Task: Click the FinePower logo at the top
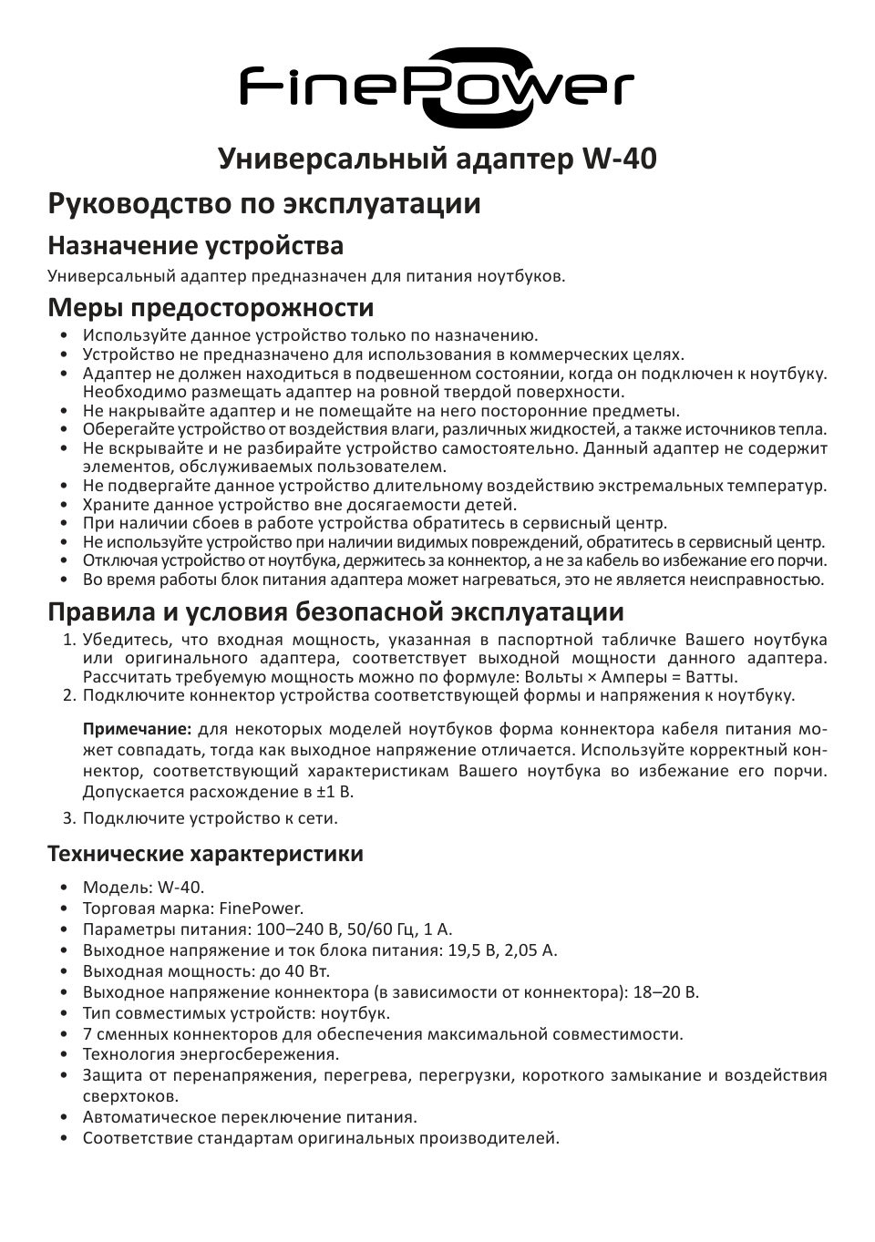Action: point(437,87)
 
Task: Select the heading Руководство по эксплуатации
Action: point(264,203)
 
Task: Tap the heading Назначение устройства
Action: point(196,246)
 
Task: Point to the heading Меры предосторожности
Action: point(211,308)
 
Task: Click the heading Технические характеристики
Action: point(205,854)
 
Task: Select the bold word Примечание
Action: point(138,730)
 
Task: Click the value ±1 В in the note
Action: point(333,792)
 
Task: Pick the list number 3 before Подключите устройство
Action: point(68,817)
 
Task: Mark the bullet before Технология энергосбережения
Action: point(64,1055)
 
